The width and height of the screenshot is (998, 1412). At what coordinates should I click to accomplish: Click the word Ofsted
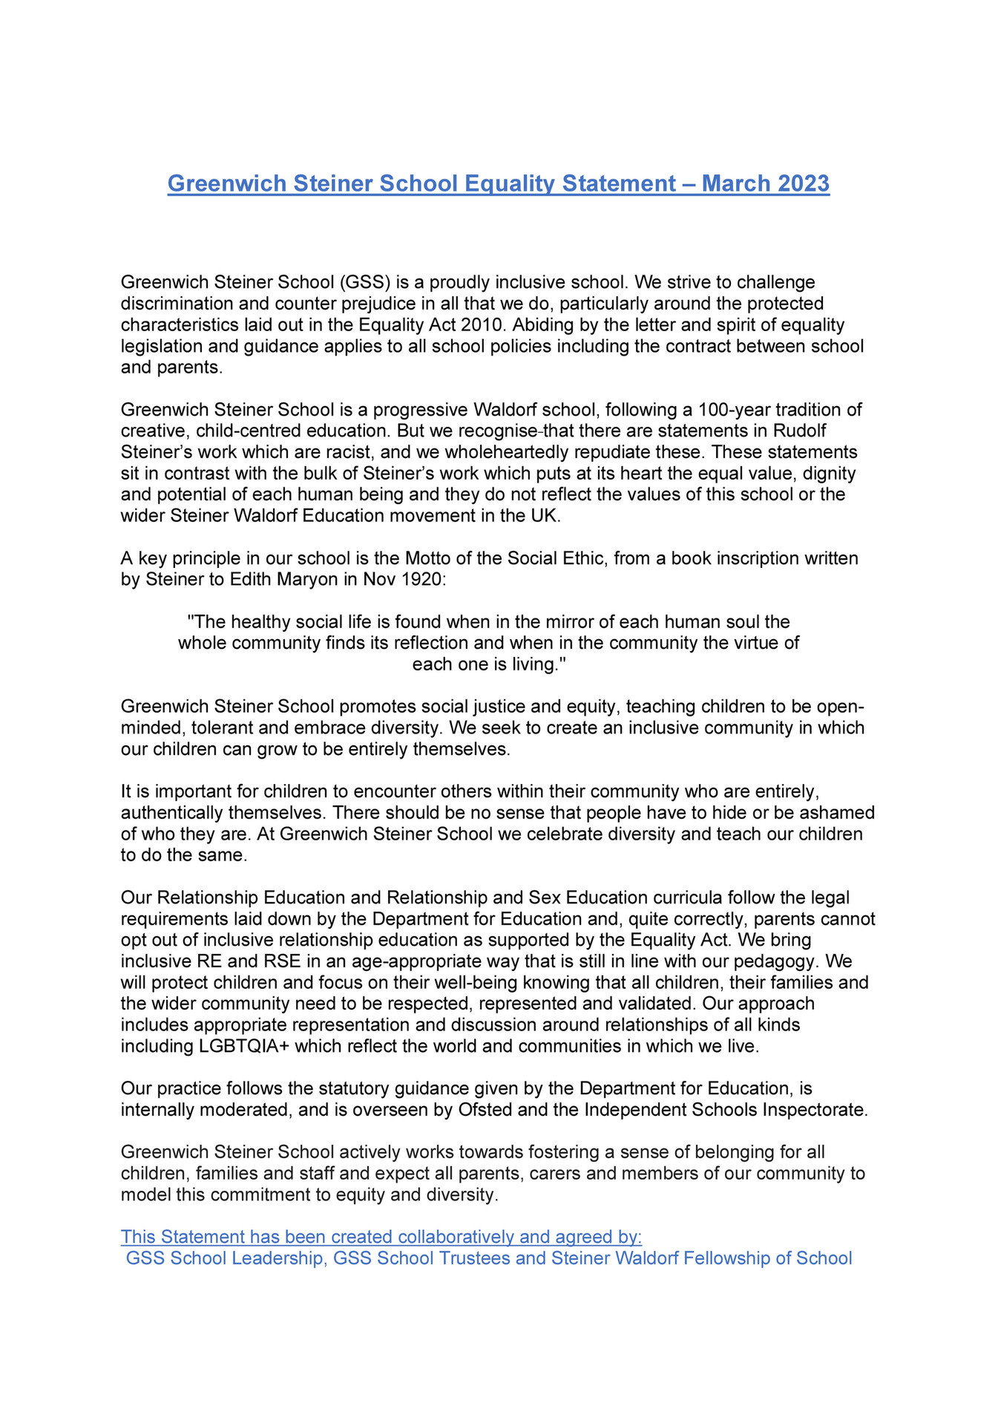click(486, 1110)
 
